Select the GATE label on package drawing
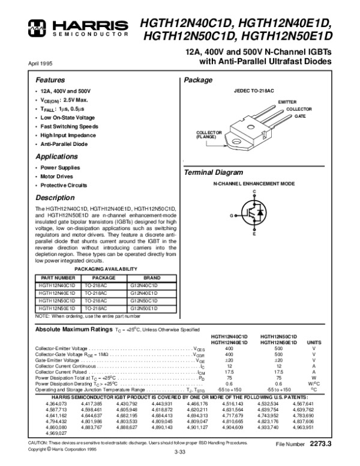pyautogui.click(x=299, y=115)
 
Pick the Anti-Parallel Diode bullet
pyautogui.click(x=64, y=144)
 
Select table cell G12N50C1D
pyautogui.click(x=144, y=300)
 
